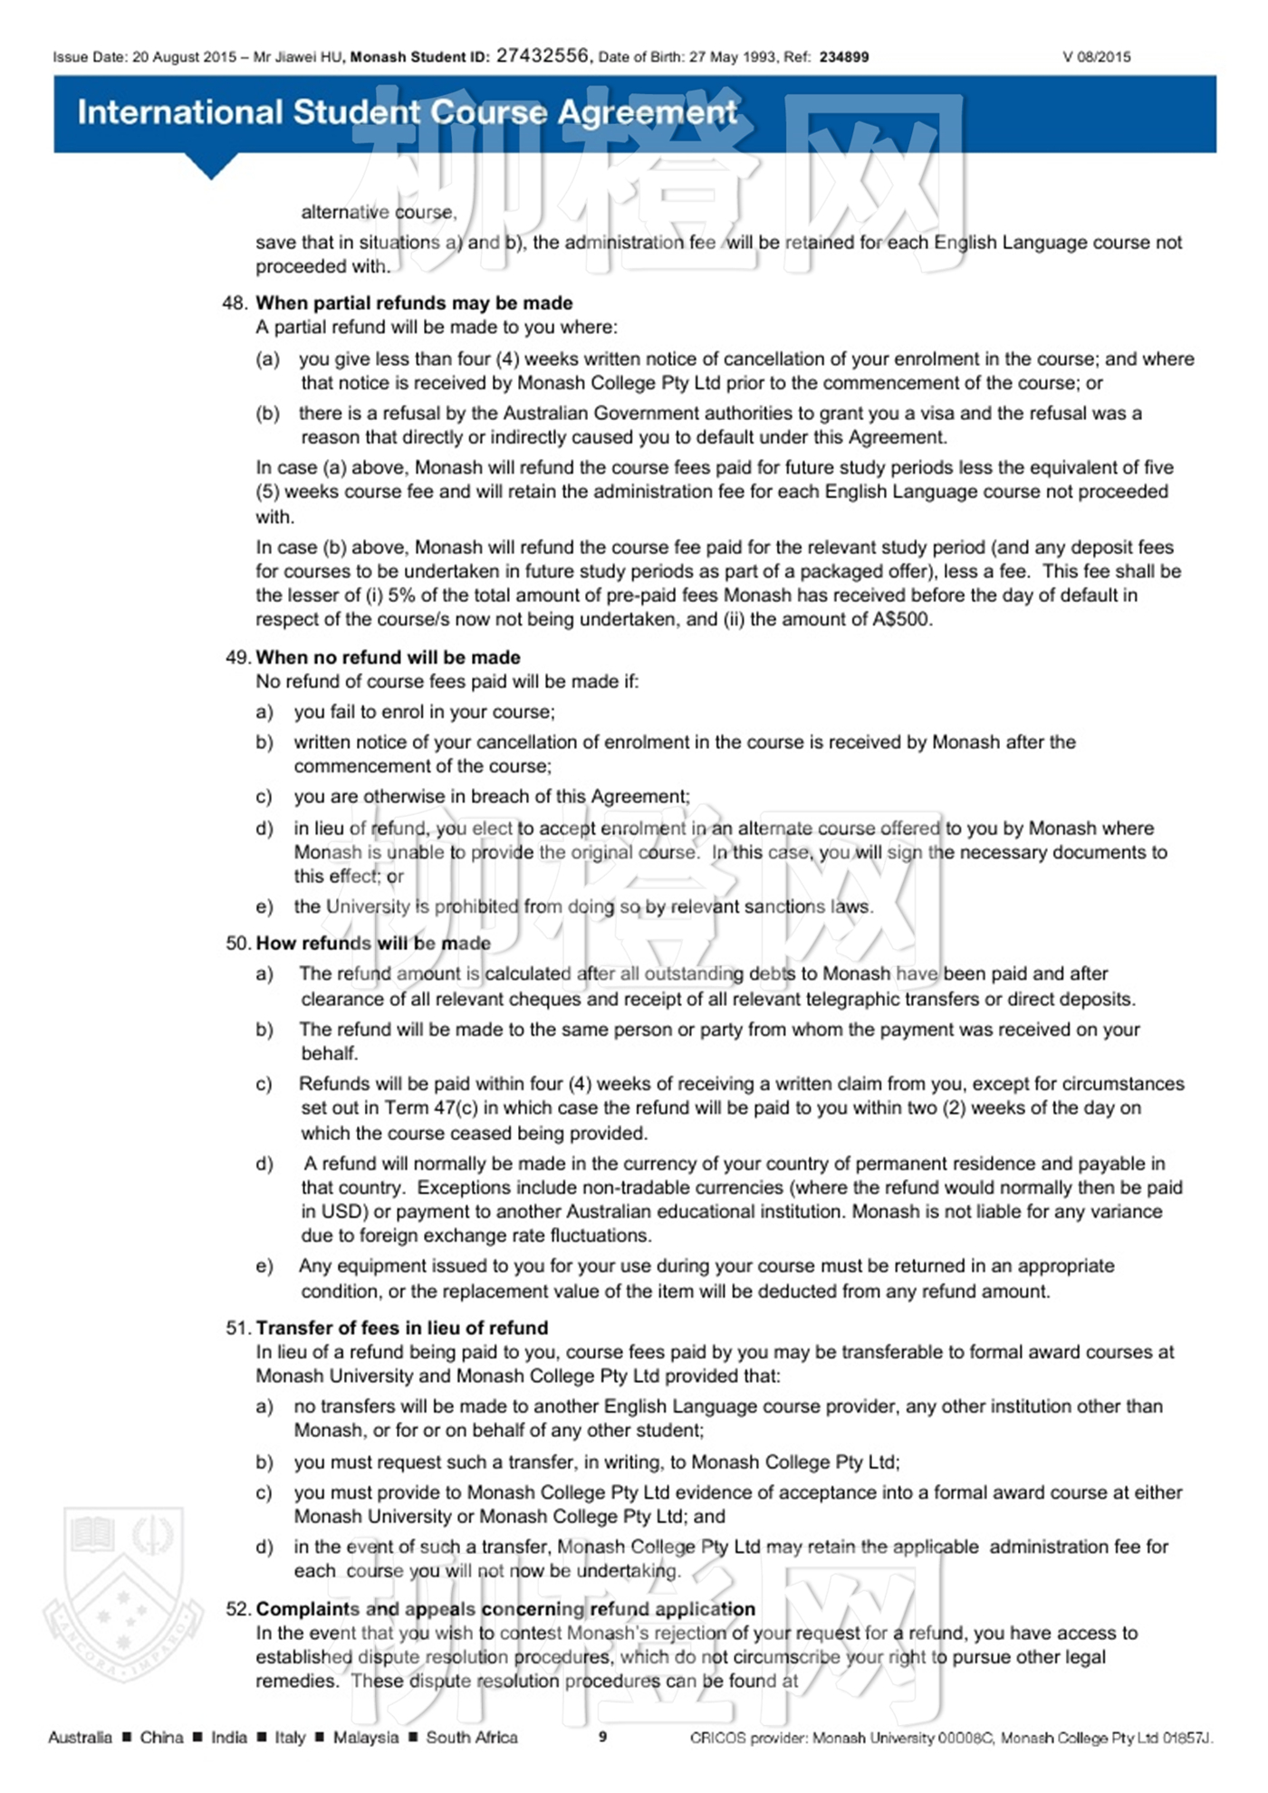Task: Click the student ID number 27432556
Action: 542,55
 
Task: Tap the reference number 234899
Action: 843,57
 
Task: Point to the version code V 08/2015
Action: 1096,57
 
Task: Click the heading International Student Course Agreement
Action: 407,112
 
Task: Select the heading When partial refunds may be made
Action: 414,302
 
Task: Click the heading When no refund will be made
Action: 388,657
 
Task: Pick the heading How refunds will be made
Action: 373,943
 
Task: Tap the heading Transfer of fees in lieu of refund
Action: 401,1328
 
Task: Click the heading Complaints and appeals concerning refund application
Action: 504,1608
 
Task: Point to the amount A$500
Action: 902,619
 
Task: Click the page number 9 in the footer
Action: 602,1736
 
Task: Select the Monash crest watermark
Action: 123,1594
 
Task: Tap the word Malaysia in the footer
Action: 365,1737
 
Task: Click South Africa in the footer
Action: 472,1737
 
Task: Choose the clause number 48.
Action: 234,302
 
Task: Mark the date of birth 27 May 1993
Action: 733,57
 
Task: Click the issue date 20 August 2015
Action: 184,57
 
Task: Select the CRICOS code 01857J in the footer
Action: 1186,1737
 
